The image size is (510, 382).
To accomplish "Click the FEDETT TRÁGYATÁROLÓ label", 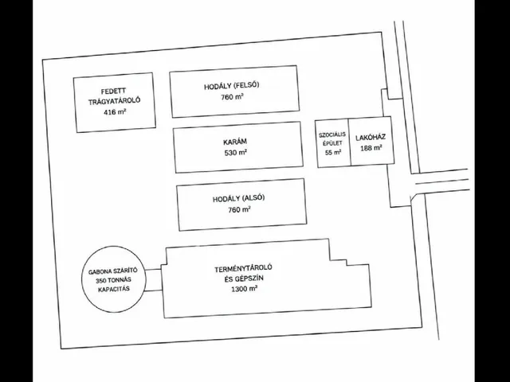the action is click(115, 95).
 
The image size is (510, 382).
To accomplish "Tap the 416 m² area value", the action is click(115, 112).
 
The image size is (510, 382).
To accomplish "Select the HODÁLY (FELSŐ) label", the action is click(232, 86).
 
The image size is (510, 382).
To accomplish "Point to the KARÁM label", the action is click(235, 142).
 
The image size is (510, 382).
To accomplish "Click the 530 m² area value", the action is click(236, 152).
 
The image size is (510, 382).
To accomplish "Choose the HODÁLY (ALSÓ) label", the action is click(239, 198).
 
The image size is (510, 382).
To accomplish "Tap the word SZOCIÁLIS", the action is click(332, 134).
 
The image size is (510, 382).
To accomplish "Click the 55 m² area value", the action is click(333, 152).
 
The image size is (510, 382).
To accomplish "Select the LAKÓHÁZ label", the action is click(371, 137).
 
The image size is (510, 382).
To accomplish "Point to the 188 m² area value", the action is click(371, 148).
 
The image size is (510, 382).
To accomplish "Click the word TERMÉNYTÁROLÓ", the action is click(243, 268).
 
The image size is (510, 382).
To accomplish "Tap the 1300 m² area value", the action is click(245, 289).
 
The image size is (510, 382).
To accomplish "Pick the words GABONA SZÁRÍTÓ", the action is click(113, 271).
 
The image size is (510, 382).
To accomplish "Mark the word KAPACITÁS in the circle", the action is click(113, 289).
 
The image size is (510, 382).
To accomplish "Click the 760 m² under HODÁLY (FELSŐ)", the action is click(232, 97).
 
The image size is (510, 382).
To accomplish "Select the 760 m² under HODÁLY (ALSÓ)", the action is click(239, 209).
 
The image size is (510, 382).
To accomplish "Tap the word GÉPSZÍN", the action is click(249, 279).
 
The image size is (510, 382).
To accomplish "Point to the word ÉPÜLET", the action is click(332, 143).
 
